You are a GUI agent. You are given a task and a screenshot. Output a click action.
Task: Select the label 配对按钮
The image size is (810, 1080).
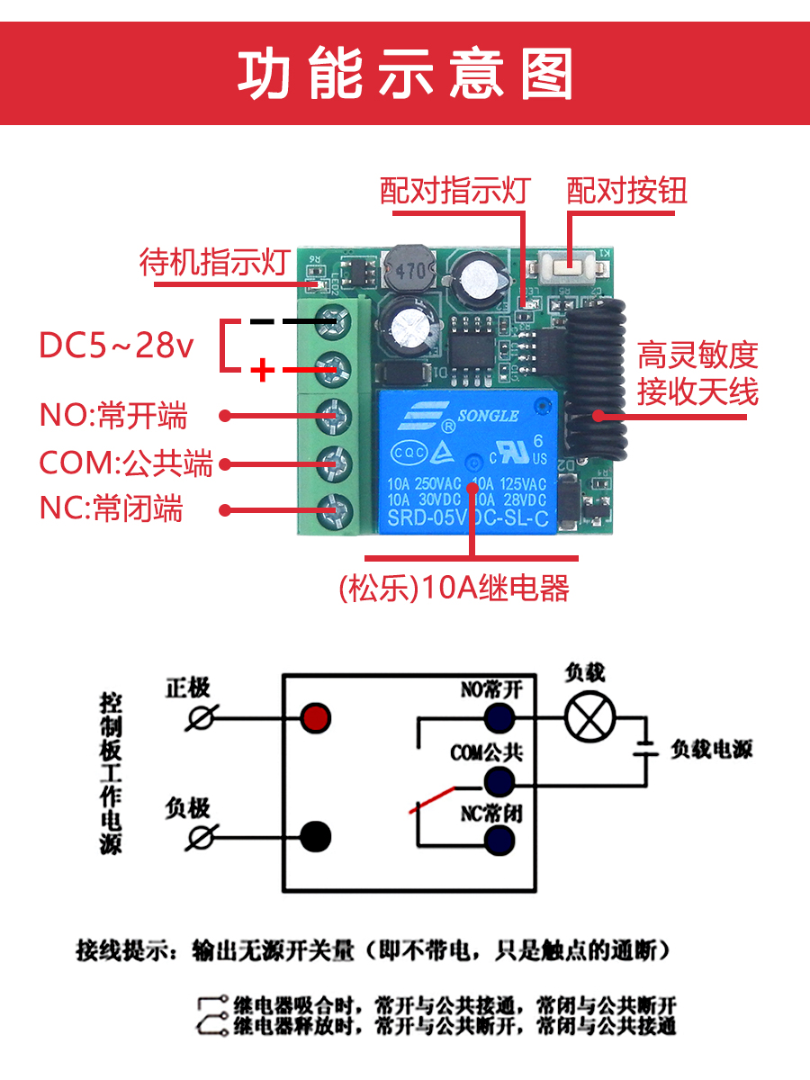tap(626, 191)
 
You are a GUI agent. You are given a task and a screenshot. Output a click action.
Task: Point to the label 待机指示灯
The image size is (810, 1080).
tap(213, 262)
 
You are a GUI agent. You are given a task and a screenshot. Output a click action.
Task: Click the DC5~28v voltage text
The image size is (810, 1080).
tap(116, 346)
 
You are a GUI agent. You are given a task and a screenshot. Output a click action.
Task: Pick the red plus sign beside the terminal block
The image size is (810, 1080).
tap(262, 369)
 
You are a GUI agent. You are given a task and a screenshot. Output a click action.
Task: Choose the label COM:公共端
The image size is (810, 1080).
tap(126, 463)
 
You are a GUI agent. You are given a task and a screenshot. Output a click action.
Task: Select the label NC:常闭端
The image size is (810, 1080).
tap(111, 509)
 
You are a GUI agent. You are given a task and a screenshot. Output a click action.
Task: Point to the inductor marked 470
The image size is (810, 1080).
tap(409, 269)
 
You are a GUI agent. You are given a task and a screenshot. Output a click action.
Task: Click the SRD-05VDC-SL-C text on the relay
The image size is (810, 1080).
tap(468, 519)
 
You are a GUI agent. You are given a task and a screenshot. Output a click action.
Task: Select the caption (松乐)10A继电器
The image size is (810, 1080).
tap(454, 589)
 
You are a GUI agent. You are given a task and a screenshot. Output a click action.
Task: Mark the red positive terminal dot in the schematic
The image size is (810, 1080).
tap(316, 718)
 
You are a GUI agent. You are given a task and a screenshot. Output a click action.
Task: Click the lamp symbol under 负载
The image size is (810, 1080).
tap(589, 717)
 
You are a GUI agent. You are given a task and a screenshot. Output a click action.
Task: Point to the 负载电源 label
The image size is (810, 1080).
tap(711, 750)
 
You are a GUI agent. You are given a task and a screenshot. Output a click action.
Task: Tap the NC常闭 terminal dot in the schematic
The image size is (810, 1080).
tap(499, 841)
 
